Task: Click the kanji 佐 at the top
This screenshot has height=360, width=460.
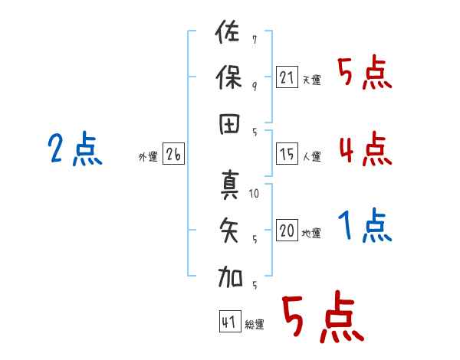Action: [x=227, y=31]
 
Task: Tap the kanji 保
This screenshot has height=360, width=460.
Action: [x=228, y=77]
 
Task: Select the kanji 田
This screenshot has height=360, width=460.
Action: [x=229, y=124]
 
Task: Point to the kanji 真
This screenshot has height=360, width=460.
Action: [x=230, y=185]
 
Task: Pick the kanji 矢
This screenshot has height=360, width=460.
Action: [x=229, y=230]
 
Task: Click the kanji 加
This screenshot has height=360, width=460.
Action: [x=230, y=277]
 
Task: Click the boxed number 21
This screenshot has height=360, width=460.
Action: [x=287, y=77]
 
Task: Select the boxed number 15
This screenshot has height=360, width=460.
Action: [x=287, y=154]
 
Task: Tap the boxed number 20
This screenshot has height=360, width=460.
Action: [x=287, y=230]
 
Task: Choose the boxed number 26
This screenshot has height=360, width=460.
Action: [x=173, y=154]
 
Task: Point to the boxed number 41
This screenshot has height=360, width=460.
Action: [x=230, y=321]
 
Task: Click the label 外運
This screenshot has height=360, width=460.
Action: [x=148, y=156]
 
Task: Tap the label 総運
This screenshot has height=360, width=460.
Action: [x=255, y=324]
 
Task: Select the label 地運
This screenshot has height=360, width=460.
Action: [x=311, y=233]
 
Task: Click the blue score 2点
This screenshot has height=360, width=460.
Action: [x=75, y=149]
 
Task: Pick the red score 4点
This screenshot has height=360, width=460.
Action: [x=366, y=149]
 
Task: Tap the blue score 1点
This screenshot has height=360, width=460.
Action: [x=365, y=225]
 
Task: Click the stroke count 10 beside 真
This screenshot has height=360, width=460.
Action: [x=254, y=194]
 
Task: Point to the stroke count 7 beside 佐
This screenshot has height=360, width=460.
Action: [x=255, y=39]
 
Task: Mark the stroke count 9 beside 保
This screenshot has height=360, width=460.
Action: [x=255, y=87]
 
